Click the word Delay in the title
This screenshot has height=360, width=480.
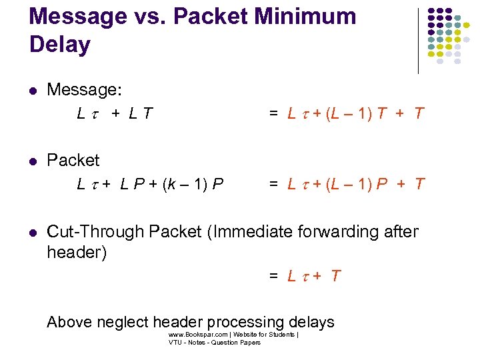pyautogui.click(x=60, y=45)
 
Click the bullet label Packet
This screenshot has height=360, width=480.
pyautogui.click(x=73, y=161)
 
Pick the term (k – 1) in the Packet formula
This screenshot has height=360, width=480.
pyautogui.click(x=181, y=184)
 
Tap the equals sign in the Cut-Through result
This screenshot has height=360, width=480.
pyautogui.click(x=274, y=276)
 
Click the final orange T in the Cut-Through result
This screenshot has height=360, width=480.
pyautogui.click(x=335, y=276)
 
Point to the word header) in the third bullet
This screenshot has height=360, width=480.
pyautogui.click(x=77, y=253)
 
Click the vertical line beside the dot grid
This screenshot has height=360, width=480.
pyautogui.click(x=418, y=40)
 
